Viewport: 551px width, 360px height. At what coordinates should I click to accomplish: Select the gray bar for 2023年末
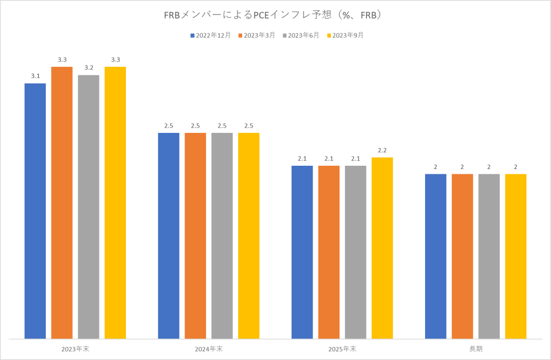pos(89,207)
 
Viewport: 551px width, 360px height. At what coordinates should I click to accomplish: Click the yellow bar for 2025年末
pos(382,248)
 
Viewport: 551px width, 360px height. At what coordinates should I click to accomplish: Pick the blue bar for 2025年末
pos(302,252)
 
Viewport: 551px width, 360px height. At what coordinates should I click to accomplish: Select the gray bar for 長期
pos(489,256)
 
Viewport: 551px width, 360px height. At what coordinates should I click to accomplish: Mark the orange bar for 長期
pos(462,256)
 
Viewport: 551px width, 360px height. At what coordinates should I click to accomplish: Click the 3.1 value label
pos(36,76)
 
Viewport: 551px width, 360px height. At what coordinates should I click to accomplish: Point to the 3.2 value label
pos(89,68)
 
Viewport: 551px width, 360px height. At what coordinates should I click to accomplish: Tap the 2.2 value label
pos(382,150)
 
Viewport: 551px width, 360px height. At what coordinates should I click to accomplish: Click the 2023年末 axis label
pos(75,349)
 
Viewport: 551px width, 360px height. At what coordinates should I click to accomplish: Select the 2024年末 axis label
pos(209,349)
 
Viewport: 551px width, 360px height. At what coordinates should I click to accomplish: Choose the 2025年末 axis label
pos(342,349)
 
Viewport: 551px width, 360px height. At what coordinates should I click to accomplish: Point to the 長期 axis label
pos(476,349)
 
